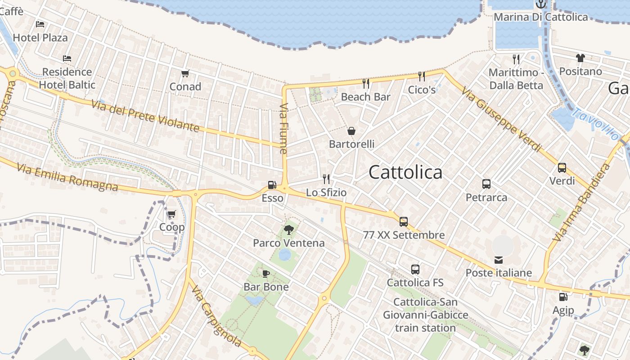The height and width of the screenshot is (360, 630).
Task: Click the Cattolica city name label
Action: click(405, 172)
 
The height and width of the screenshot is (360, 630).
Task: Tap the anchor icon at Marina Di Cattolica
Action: click(540, 4)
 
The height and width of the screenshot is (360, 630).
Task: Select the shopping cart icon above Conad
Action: click(185, 73)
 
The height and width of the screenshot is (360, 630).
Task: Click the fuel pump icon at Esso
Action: click(272, 184)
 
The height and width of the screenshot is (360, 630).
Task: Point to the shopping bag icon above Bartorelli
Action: click(351, 131)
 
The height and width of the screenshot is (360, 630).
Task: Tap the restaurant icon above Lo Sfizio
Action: click(326, 179)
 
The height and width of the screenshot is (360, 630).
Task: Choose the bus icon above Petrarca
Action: click(486, 184)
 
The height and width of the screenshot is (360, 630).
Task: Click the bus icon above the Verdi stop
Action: click(562, 168)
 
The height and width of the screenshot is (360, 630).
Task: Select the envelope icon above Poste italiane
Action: click(499, 260)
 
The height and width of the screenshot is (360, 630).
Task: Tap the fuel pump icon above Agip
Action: click(563, 297)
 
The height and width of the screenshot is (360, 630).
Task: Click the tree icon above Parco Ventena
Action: click(288, 230)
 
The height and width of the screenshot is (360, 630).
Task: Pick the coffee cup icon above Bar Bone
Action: click(266, 274)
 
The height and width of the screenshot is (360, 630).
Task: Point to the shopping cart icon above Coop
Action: click(171, 214)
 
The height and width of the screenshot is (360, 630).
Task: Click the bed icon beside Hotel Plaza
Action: click(40, 24)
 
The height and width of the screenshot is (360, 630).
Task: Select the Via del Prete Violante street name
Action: click(145, 117)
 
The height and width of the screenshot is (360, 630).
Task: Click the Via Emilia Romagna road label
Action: click(67, 177)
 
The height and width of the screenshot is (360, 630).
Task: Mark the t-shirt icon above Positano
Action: click(580, 58)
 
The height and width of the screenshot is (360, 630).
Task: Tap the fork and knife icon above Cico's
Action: click(422, 76)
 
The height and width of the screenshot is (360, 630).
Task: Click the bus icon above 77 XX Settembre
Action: click(404, 221)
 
